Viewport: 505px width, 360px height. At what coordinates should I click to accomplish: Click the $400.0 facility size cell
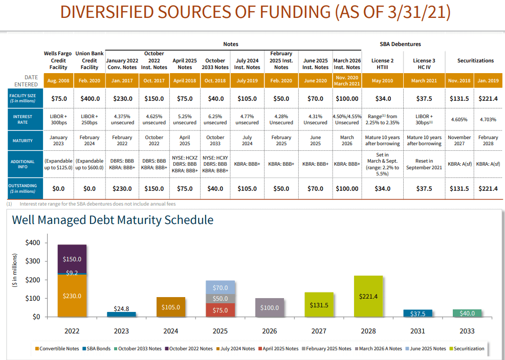pos(90,98)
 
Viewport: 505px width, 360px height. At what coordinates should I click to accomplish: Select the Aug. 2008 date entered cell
pos(58,81)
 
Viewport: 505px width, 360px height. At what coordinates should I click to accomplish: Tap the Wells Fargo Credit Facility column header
pos(58,60)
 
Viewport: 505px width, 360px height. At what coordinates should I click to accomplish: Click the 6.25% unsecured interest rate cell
pos(215,119)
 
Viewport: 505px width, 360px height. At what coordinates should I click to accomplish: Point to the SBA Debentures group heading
pos(400,44)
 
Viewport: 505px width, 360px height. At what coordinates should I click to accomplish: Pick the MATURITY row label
pos(22,140)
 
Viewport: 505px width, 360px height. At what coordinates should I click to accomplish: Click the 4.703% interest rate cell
pos(488,119)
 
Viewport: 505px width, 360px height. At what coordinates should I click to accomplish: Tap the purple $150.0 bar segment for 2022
pos(72,259)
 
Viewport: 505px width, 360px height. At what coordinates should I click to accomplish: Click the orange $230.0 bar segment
pos(72,296)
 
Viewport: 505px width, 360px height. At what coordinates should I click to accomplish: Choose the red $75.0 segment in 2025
pos(220,310)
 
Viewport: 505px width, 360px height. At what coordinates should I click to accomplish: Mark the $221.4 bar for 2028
pos(368,296)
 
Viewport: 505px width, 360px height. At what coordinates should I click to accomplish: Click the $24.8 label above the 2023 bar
pos(121,308)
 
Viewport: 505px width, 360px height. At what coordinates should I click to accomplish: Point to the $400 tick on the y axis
pos(32,242)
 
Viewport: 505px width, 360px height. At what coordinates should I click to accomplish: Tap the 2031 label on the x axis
pos(418,331)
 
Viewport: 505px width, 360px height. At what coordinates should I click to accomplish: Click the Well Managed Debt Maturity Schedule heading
pos(113,220)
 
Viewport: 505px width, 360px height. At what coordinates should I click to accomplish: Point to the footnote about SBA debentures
pos(93,204)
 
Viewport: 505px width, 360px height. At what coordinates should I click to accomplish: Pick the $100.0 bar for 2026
pos(269,307)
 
